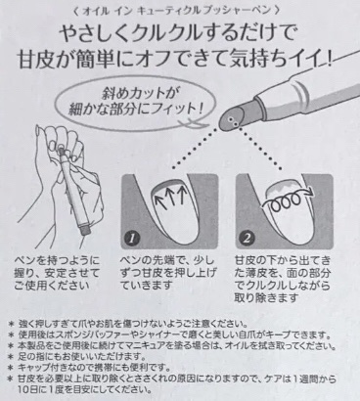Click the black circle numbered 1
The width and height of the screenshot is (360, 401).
[132, 239]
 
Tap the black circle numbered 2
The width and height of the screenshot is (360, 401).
[247, 239]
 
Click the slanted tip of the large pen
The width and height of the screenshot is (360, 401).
[233, 121]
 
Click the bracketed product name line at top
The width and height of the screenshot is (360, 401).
[178, 11]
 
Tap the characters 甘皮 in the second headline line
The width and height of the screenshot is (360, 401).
[36, 60]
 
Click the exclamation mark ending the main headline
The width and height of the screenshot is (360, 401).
[330, 60]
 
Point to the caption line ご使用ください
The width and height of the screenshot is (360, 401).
[52, 286]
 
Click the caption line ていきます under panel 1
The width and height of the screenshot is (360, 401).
[147, 286]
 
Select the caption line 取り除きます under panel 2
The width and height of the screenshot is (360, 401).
[266, 297]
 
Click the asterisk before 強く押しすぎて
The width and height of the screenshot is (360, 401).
[11, 325]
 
